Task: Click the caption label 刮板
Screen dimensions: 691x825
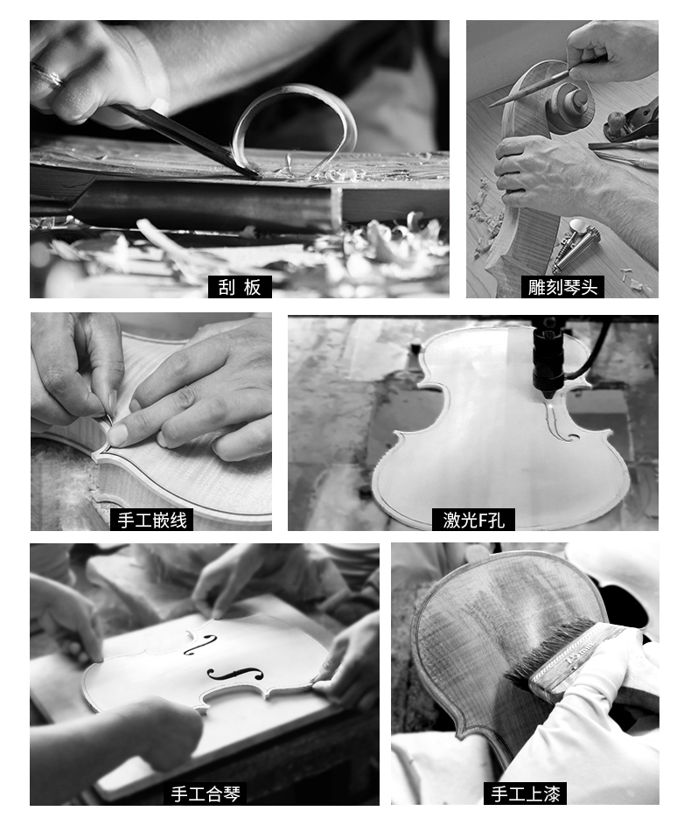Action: coord(240,287)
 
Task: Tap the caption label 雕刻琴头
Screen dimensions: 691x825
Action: coord(562,287)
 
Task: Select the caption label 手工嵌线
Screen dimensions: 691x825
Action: coord(152,520)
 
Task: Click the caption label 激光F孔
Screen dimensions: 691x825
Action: coord(473,520)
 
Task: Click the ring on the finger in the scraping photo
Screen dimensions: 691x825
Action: coord(47,74)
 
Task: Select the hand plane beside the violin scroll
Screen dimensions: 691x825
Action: coord(631,121)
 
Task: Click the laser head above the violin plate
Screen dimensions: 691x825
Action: coord(547,358)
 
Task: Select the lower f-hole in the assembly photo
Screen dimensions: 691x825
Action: coord(235,674)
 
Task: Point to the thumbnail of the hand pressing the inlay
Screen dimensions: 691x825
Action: coord(118,435)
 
